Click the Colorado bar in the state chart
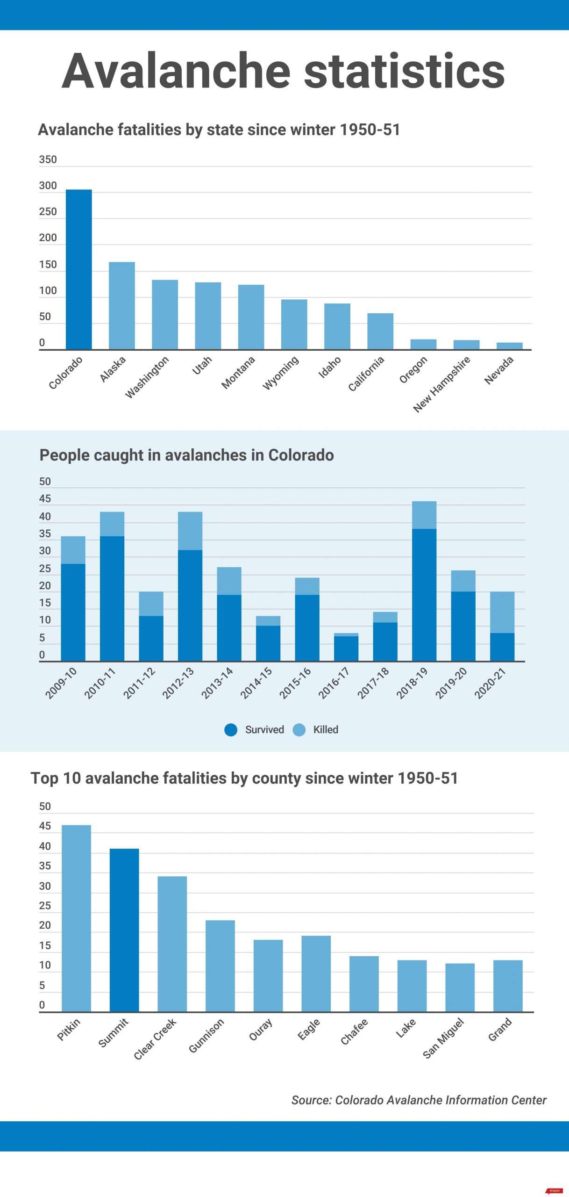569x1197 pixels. [78, 269]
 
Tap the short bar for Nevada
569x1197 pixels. [509, 346]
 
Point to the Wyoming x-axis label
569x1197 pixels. [281, 373]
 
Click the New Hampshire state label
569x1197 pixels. [441, 384]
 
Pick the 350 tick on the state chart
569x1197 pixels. [48, 159]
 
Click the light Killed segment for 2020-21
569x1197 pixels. [502, 612]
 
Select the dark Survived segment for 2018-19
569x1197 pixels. [424, 594]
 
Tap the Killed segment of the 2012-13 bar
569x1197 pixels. [190, 531]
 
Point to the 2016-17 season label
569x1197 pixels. [334, 683]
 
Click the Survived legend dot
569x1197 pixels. [231, 729]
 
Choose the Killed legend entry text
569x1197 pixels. [326, 729]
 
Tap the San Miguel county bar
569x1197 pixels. [460, 987]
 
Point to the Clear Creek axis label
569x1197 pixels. [155, 1038]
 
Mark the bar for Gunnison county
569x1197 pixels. [220, 966]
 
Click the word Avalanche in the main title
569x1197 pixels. [176, 71]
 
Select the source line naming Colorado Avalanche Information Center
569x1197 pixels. [419, 1100]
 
